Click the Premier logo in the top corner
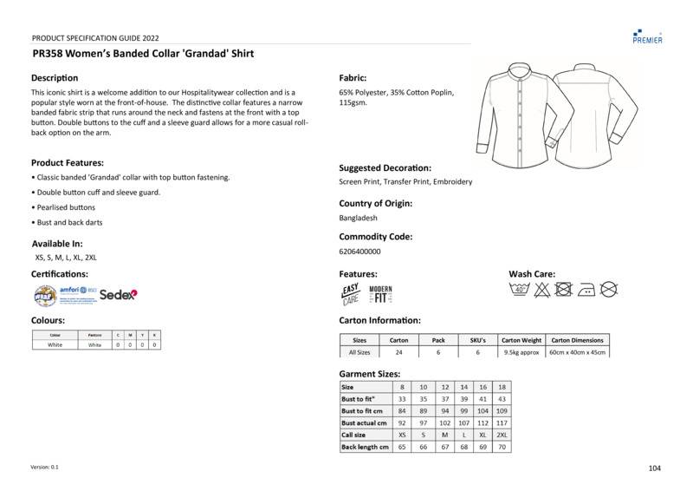[648, 36]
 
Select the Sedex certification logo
[118, 295]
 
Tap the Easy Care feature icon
[350, 294]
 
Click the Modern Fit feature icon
[380, 294]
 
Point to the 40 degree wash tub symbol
[519, 290]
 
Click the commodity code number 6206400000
[359, 252]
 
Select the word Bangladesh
[359, 218]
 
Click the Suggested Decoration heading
[385, 167]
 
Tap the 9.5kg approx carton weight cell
[521, 352]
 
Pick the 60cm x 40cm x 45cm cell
[578, 352]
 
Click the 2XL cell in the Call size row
[502, 435]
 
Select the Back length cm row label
[364, 447]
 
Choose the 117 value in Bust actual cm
[502, 422]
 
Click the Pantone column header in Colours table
[94, 334]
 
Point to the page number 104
[654, 468]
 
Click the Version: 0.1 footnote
[44, 467]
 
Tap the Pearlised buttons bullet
[65, 207]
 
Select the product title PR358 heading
[143, 54]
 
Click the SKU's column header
[477, 340]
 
